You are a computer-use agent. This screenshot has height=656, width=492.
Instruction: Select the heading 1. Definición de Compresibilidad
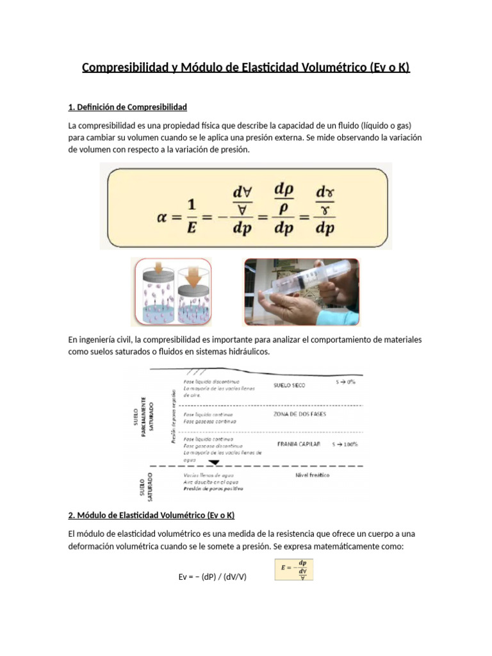127,106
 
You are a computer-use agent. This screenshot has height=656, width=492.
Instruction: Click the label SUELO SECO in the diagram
289,385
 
